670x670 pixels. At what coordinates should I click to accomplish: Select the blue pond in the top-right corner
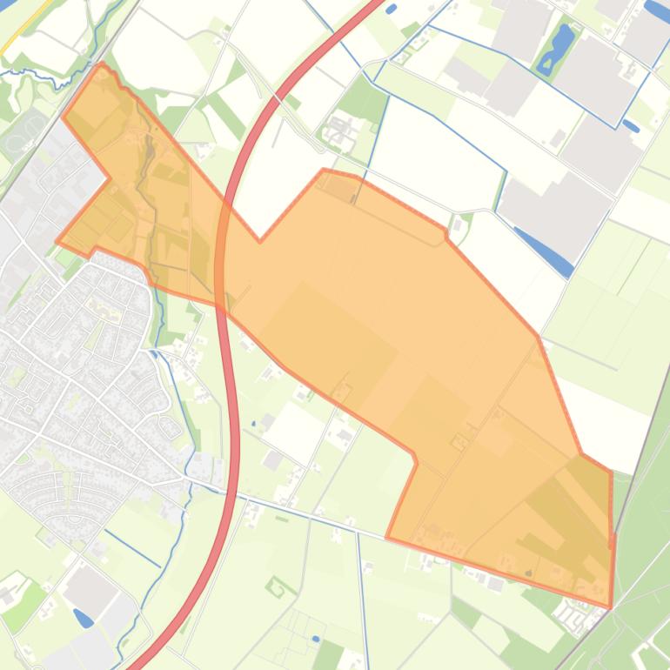coord(658,10)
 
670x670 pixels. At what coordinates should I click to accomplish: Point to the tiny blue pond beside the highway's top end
coord(391,9)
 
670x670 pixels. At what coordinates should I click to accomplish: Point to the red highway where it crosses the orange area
coord(224,261)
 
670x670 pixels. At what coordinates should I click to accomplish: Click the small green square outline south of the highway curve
coord(277,587)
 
